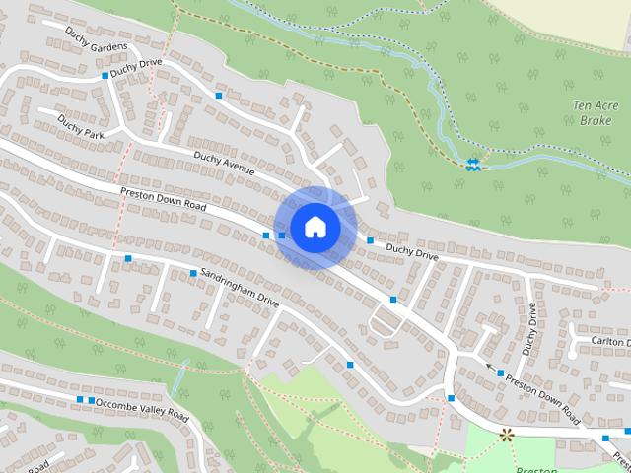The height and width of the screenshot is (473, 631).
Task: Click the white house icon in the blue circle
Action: pos(315,227)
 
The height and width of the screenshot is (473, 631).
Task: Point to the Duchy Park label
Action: pos(80,127)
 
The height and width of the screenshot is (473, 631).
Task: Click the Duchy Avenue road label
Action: pos(224,163)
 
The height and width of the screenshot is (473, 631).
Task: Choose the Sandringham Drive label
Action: pos(241,287)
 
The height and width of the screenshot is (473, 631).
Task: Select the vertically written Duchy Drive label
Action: pos(531,328)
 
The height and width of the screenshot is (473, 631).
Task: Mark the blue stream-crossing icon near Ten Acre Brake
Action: pos(474,165)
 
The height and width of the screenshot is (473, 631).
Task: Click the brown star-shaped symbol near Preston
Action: pos(507,434)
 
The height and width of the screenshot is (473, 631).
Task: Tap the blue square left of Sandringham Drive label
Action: pos(192,273)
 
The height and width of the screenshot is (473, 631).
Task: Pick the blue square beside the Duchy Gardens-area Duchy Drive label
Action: pos(105,76)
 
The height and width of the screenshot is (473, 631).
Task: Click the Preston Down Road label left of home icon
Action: pos(164,198)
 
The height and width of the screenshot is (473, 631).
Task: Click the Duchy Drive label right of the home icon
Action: pos(411,253)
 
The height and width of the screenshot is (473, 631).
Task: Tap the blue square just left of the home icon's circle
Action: pos(266,236)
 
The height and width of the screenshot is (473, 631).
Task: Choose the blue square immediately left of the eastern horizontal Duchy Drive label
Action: pos(370,240)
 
